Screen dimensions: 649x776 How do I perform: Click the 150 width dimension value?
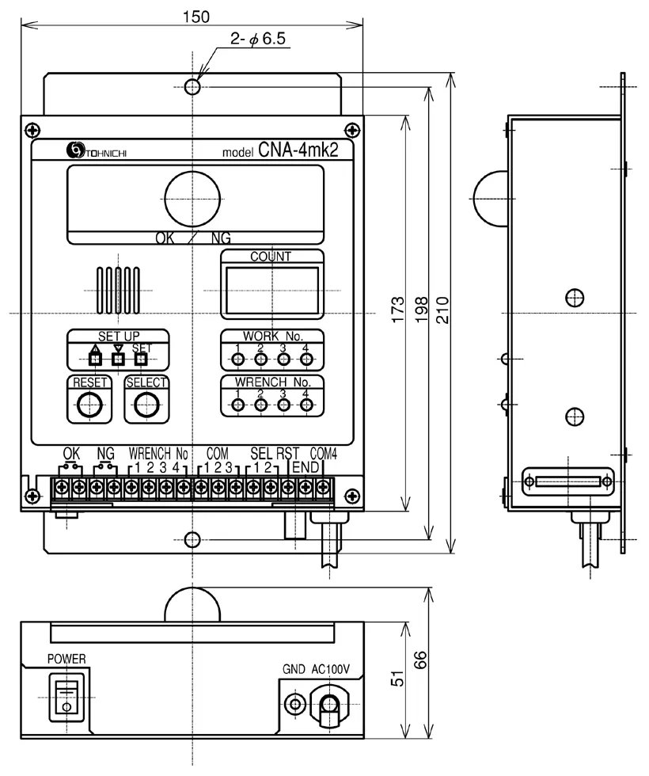[x=196, y=17]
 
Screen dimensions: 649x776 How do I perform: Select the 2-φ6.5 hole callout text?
[x=258, y=38]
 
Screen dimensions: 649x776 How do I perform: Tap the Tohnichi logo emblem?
[x=76, y=150]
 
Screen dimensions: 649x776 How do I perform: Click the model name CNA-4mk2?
[x=298, y=150]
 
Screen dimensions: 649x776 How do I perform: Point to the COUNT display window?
[x=272, y=291]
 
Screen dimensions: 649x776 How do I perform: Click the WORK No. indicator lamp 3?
[x=283, y=359]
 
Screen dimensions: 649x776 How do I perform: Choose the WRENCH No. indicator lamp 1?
[x=238, y=405]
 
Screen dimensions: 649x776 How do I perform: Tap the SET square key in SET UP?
[x=141, y=358]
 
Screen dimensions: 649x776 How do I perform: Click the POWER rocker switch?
[x=66, y=698]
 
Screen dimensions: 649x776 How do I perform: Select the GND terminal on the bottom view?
[x=295, y=703]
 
